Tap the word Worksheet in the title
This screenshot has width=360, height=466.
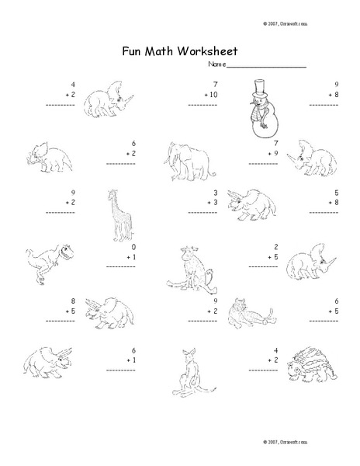[206, 52]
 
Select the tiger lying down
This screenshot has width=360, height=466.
[247, 314]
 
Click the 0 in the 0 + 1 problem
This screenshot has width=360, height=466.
[134, 246]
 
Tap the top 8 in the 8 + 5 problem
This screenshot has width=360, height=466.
[52, 300]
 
